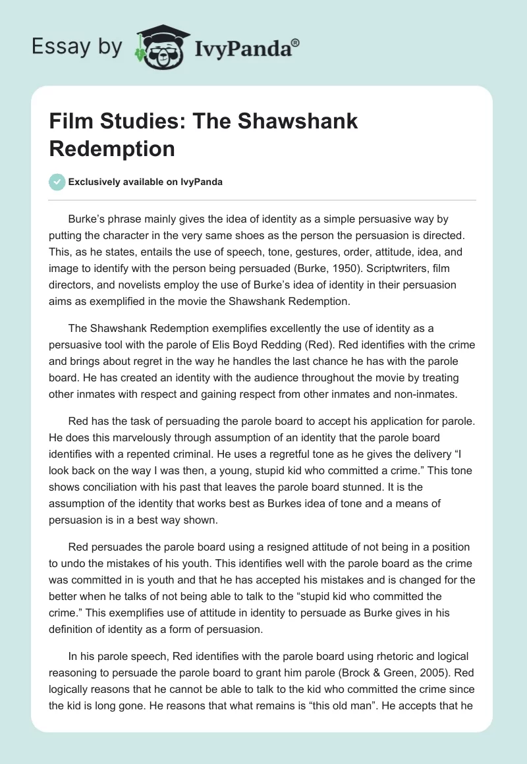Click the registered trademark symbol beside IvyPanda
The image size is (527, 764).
point(296,42)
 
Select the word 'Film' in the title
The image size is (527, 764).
point(72,121)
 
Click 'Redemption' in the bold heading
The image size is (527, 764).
point(112,148)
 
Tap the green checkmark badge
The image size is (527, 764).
point(57,182)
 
